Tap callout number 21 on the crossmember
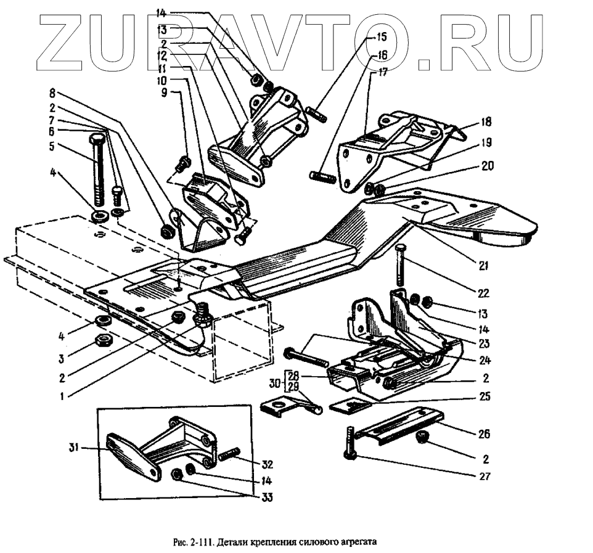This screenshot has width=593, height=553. (x=483, y=266)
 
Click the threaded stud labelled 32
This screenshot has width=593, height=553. (x=228, y=456)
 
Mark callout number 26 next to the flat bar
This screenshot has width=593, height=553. (x=484, y=434)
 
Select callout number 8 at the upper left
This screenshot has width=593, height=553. (x=53, y=94)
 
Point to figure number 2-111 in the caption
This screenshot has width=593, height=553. (x=202, y=543)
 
